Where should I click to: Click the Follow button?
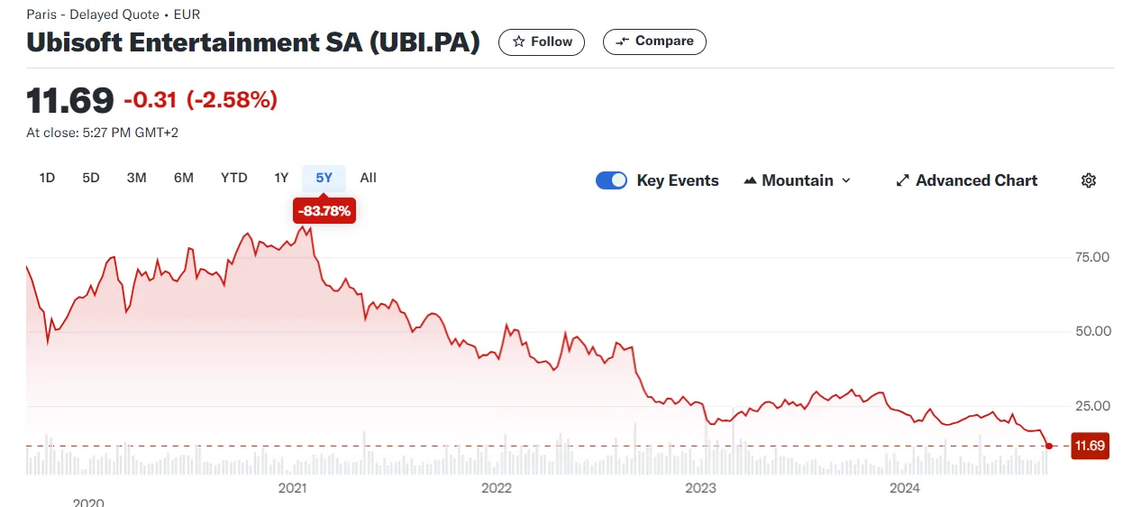point(542,42)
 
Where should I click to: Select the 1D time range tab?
point(47,178)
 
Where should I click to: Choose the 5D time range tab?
point(91,178)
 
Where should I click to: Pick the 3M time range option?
point(136,178)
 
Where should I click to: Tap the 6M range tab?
point(184,178)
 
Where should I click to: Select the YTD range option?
point(233,178)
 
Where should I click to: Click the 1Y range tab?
point(281,178)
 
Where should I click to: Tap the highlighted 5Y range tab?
point(324,178)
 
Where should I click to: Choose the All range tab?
point(368,178)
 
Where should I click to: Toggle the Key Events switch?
point(612,180)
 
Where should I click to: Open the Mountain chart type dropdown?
point(797,180)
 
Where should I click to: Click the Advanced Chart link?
point(966,180)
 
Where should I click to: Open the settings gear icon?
point(1089,180)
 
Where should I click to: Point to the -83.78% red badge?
point(324,212)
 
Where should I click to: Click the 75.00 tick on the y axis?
point(1091,257)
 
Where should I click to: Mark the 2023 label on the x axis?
point(700,488)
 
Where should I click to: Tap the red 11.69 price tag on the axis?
point(1090,446)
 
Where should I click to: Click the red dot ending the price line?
point(1049,446)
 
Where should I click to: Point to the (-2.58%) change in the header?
point(232,100)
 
